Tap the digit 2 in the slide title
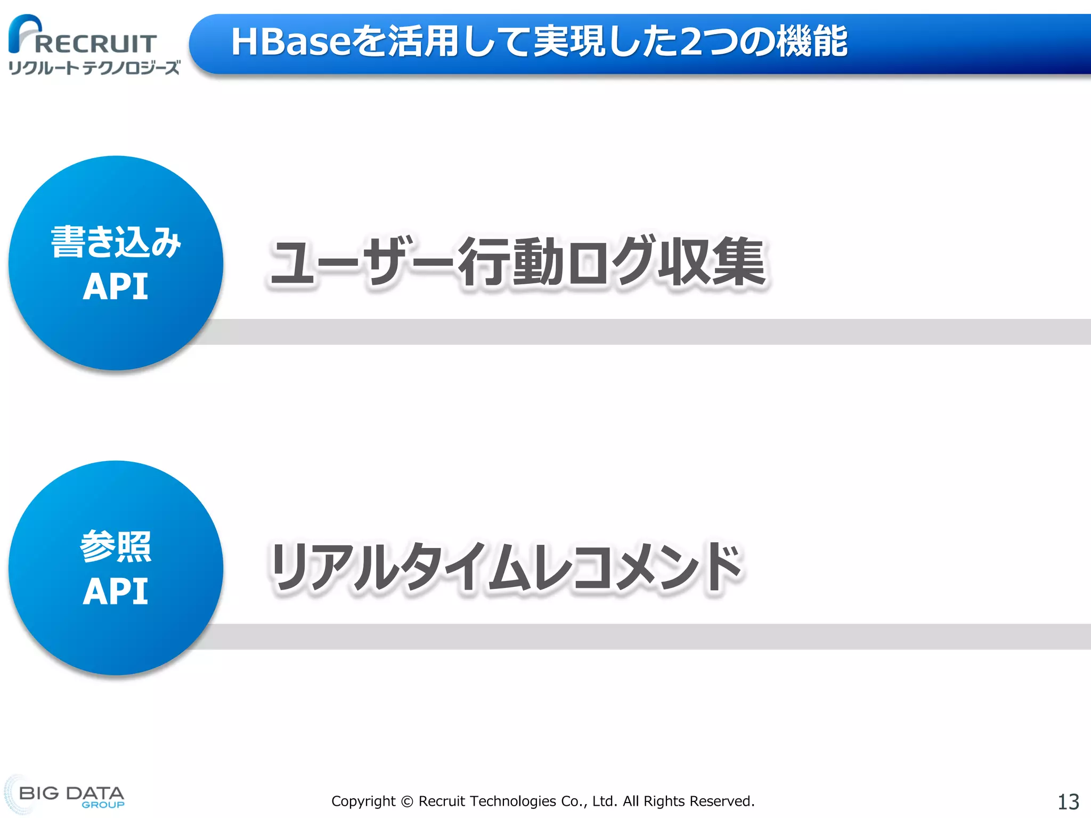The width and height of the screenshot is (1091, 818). (692, 42)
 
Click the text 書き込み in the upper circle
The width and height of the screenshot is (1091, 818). (116, 242)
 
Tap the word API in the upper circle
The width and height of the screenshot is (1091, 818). (116, 287)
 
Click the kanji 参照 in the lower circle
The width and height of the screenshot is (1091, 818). (116, 547)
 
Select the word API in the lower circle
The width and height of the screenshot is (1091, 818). (116, 592)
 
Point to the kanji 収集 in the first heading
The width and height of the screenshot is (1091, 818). (712, 261)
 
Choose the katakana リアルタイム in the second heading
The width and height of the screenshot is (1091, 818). (400, 567)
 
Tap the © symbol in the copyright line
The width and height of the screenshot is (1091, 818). (407, 801)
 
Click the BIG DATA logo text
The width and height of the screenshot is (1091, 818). (71, 793)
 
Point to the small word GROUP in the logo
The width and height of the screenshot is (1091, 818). (103, 805)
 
